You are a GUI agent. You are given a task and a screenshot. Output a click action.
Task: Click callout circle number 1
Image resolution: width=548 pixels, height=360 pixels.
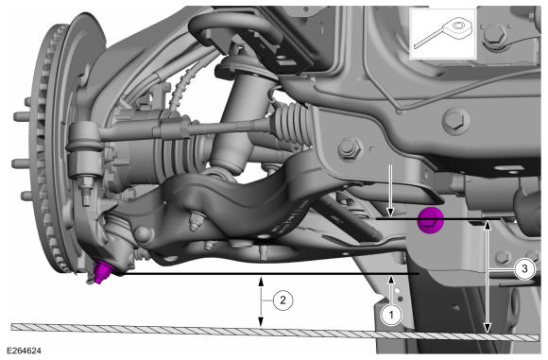[x=391, y=315]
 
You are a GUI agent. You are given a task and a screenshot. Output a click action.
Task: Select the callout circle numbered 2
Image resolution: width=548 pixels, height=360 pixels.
[x=283, y=300]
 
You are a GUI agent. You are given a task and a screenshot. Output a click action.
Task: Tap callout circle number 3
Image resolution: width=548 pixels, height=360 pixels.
[x=524, y=269]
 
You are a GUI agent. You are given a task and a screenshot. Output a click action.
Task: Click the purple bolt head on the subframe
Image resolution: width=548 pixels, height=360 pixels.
[x=431, y=219]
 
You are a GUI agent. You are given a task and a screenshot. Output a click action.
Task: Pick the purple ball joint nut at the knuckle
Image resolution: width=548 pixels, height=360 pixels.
[x=101, y=272]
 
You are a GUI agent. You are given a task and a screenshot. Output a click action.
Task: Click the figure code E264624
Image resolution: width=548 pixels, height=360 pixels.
[x=24, y=351]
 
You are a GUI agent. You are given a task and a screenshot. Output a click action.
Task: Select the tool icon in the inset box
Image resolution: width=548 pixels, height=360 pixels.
[x=443, y=33]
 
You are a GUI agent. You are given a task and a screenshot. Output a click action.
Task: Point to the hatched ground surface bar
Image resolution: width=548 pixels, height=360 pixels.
[x=275, y=332]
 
